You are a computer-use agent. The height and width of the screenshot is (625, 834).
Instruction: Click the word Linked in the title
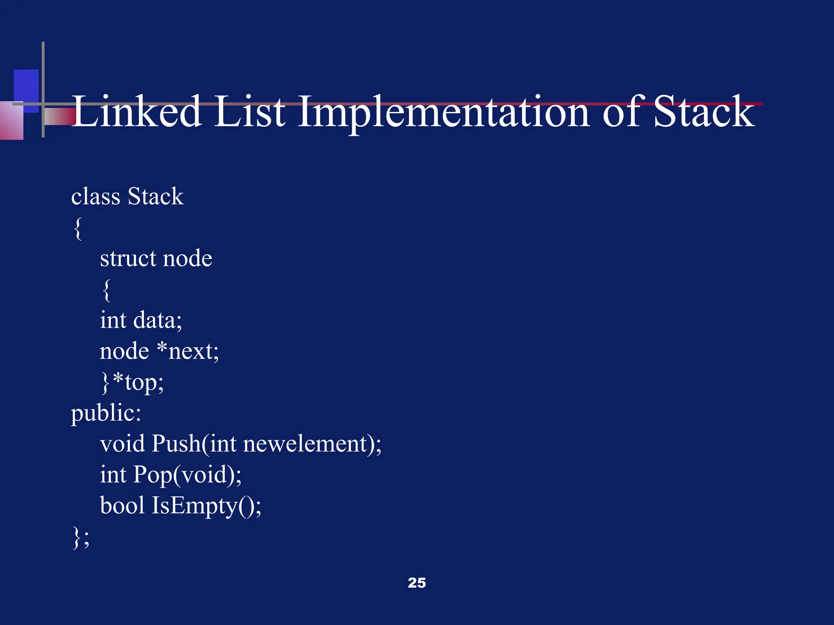137,111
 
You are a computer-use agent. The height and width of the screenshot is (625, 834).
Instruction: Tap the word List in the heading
249,111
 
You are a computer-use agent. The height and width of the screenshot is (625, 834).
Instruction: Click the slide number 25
417,583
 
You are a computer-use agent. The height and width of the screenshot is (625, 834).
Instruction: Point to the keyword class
96,197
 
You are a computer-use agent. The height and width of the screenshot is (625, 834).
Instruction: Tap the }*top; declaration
132,382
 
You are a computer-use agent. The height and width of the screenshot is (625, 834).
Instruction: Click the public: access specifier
106,413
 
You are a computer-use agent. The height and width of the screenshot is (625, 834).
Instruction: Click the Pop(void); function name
187,475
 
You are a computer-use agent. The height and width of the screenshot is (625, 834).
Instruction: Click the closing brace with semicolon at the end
81,537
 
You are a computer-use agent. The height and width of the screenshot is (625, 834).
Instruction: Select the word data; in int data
158,320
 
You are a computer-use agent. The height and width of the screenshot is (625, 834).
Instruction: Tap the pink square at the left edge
11,121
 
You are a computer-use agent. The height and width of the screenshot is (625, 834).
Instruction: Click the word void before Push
122,444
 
